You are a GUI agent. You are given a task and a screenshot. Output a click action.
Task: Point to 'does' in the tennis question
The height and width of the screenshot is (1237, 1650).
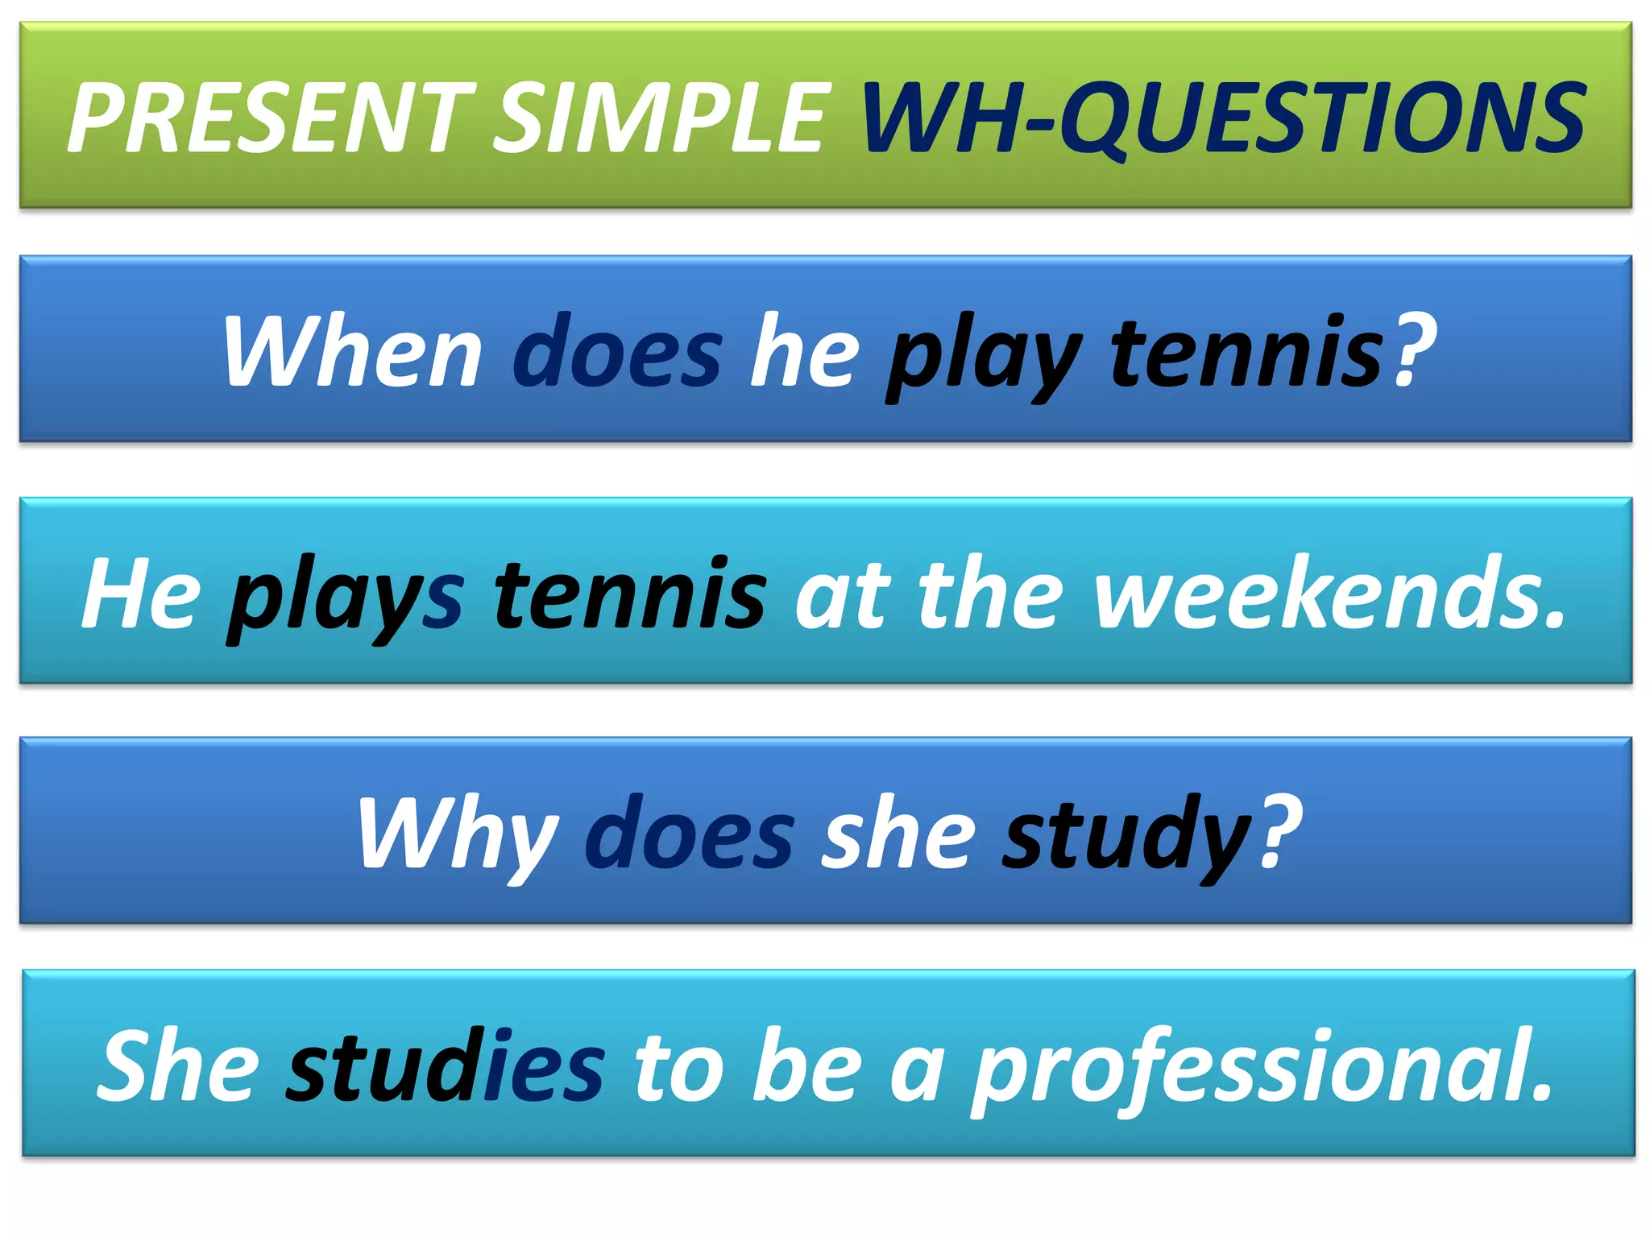(617, 353)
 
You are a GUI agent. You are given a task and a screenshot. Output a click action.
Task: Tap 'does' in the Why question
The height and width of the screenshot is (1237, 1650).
(690, 834)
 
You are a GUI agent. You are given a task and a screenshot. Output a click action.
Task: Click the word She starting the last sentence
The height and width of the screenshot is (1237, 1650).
(177, 1066)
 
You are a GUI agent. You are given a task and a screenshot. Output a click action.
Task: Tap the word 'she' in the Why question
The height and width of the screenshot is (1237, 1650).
(898, 834)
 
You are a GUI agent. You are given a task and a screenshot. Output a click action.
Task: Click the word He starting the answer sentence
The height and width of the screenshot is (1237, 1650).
(142, 594)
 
